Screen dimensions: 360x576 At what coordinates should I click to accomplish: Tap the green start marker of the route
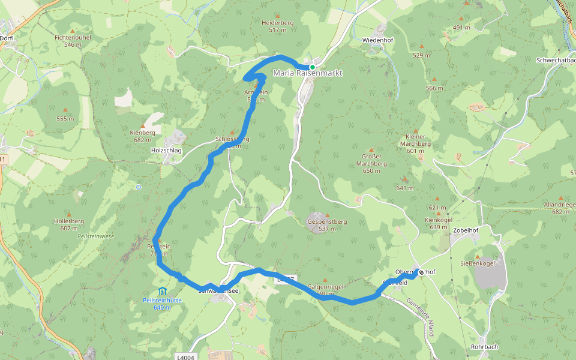point(313,67)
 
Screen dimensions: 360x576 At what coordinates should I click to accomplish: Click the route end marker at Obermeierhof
point(421,272)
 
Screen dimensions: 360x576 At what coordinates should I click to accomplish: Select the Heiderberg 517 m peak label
point(277,26)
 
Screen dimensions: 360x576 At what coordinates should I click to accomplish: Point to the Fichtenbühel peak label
point(73,40)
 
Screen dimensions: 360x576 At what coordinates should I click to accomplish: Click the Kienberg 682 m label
point(142,136)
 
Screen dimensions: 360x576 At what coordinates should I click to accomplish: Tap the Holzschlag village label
point(167,150)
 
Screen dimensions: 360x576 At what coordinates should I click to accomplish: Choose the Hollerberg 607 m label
point(69,224)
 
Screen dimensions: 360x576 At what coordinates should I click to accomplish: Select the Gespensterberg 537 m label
point(327,225)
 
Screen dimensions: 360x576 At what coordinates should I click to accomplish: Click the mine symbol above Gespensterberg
point(317,214)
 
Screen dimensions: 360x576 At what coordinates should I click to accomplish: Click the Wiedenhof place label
point(377,40)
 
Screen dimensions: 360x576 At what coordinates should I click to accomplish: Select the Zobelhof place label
point(466,229)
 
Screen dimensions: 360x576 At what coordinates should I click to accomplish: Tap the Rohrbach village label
point(485,346)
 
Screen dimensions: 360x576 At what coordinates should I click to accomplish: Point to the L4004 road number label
point(185,357)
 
